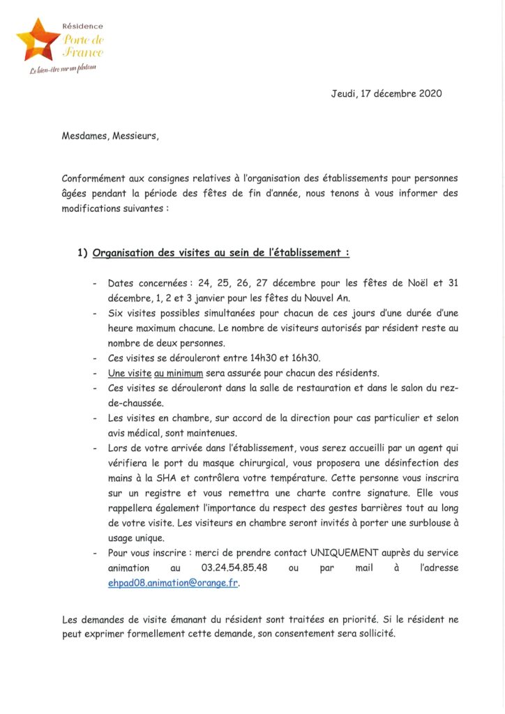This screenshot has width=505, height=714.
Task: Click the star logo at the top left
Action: tap(37, 40)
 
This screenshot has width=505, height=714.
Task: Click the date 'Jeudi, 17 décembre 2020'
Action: tap(386, 93)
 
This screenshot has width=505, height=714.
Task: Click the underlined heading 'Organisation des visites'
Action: tap(220, 252)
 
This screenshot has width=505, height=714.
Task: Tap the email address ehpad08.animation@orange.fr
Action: tap(173, 583)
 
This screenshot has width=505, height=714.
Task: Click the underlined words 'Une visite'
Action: tap(130, 373)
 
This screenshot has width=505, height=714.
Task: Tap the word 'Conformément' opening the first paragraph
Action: tap(94, 178)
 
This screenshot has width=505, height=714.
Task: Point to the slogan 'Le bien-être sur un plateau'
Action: tap(61, 68)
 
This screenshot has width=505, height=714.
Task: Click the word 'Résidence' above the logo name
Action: tap(83, 26)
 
